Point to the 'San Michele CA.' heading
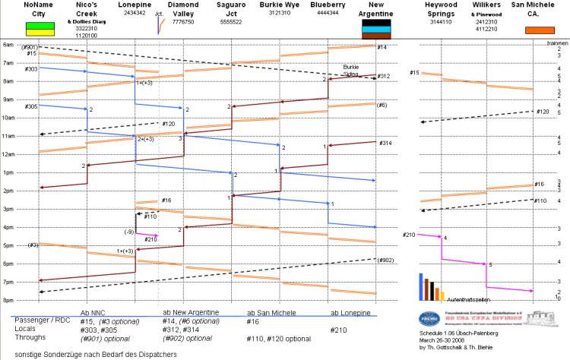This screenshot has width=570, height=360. point(534,10)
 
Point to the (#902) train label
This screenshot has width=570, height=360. point(386,261)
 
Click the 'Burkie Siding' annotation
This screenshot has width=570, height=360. point(351,70)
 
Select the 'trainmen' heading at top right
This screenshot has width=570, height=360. point(557,43)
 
